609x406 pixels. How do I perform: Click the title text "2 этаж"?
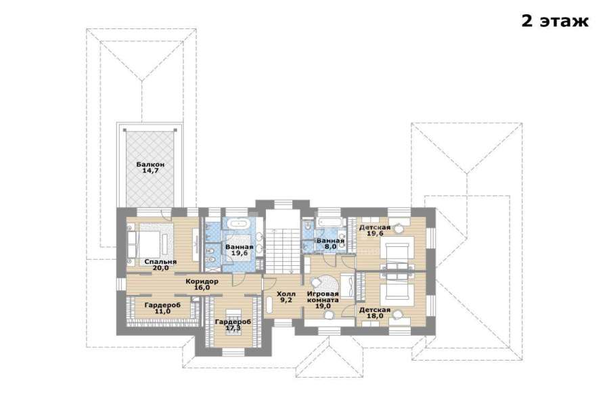click(555, 21)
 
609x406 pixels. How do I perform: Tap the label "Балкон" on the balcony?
click(150, 164)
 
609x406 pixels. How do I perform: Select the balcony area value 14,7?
click(150, 171)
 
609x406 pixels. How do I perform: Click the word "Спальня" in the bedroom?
click(160, 262)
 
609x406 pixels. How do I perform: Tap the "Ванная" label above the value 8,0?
click(330, 241)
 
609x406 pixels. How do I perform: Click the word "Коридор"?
click(202, 281)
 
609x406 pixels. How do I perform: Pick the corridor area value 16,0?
click(202, 288)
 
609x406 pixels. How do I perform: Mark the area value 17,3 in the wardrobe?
click(233, 328)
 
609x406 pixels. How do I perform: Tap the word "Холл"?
click(286, 294)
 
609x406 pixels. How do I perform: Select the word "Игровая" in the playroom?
click(323, 294)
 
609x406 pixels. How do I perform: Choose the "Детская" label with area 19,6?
click(374, 227)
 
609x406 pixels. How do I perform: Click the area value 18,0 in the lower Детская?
click(375, 316)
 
